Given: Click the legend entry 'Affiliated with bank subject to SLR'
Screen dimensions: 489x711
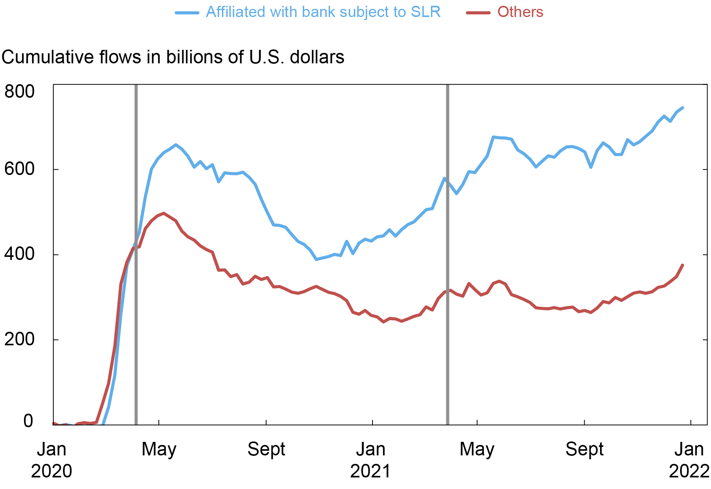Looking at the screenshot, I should [323, 12].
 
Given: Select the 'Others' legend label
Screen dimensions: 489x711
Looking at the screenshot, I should [520, 12].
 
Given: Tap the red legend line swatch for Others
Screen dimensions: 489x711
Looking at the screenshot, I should [478, 12].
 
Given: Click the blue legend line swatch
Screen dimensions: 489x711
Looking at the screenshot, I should [187, 12].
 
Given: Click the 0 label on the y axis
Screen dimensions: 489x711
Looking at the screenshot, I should [28, 421].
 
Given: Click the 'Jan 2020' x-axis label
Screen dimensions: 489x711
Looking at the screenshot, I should [51, 460].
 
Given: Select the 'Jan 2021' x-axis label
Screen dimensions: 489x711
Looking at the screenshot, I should [371, 460].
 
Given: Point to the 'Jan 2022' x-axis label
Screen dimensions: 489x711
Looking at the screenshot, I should [689, 460].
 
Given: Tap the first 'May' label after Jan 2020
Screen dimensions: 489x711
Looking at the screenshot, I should [159, 449].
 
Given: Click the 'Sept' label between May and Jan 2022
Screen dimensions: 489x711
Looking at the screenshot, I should [584, 449].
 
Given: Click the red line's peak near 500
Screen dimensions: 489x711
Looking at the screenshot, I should [164, 213].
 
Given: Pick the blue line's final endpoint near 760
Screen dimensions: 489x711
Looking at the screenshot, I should [683, 108].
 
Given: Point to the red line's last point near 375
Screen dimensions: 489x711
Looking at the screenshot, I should [683, 265].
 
